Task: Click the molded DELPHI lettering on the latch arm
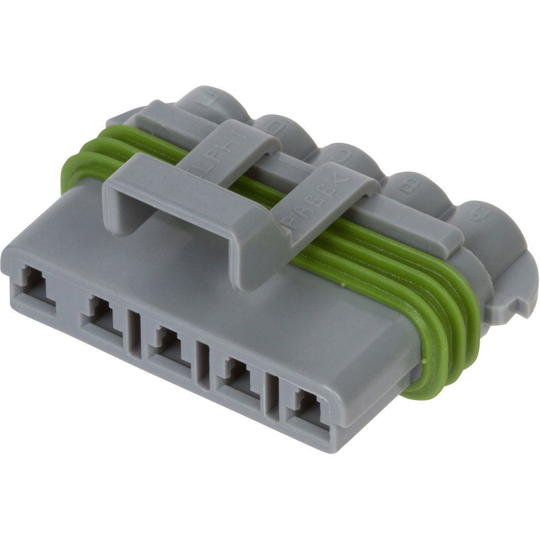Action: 229,143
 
